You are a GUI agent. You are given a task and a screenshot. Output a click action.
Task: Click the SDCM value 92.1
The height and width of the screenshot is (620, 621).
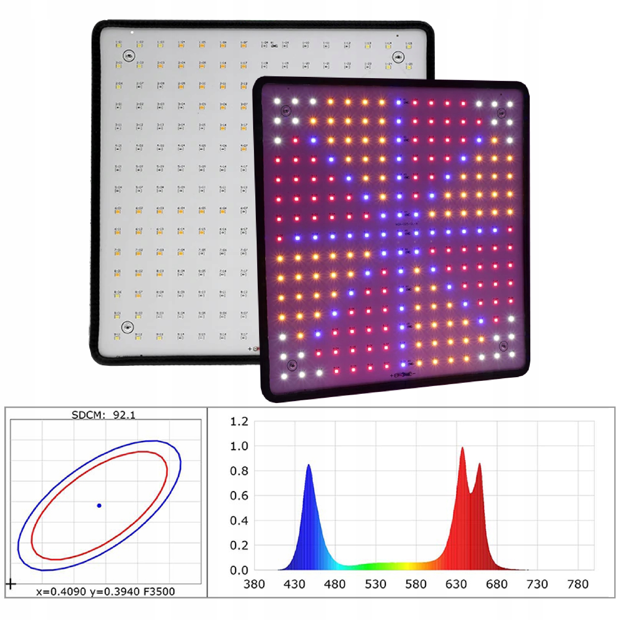124,415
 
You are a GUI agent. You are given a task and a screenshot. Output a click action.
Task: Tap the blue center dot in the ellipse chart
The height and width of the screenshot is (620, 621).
99,506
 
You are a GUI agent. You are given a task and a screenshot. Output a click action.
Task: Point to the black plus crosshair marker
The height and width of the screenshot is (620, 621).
11,584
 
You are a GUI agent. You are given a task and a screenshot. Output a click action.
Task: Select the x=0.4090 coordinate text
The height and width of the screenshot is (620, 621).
61,591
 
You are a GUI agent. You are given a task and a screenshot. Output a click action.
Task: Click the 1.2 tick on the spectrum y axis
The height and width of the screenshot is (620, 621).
239,422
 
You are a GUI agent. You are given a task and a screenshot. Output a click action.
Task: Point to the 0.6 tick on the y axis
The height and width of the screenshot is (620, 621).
239,496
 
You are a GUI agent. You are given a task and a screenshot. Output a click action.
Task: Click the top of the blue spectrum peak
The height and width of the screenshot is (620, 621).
308,465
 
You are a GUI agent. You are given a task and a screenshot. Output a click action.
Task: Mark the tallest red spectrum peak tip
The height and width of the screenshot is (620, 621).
463,447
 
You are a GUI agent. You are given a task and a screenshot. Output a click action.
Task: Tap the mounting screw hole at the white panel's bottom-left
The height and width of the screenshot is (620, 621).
128,327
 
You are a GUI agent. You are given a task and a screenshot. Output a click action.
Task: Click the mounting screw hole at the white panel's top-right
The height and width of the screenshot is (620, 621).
399,57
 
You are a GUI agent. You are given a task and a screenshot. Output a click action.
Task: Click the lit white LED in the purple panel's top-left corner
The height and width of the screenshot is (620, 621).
277,101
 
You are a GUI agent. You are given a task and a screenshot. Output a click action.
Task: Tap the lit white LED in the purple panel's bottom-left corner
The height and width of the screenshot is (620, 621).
284,376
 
